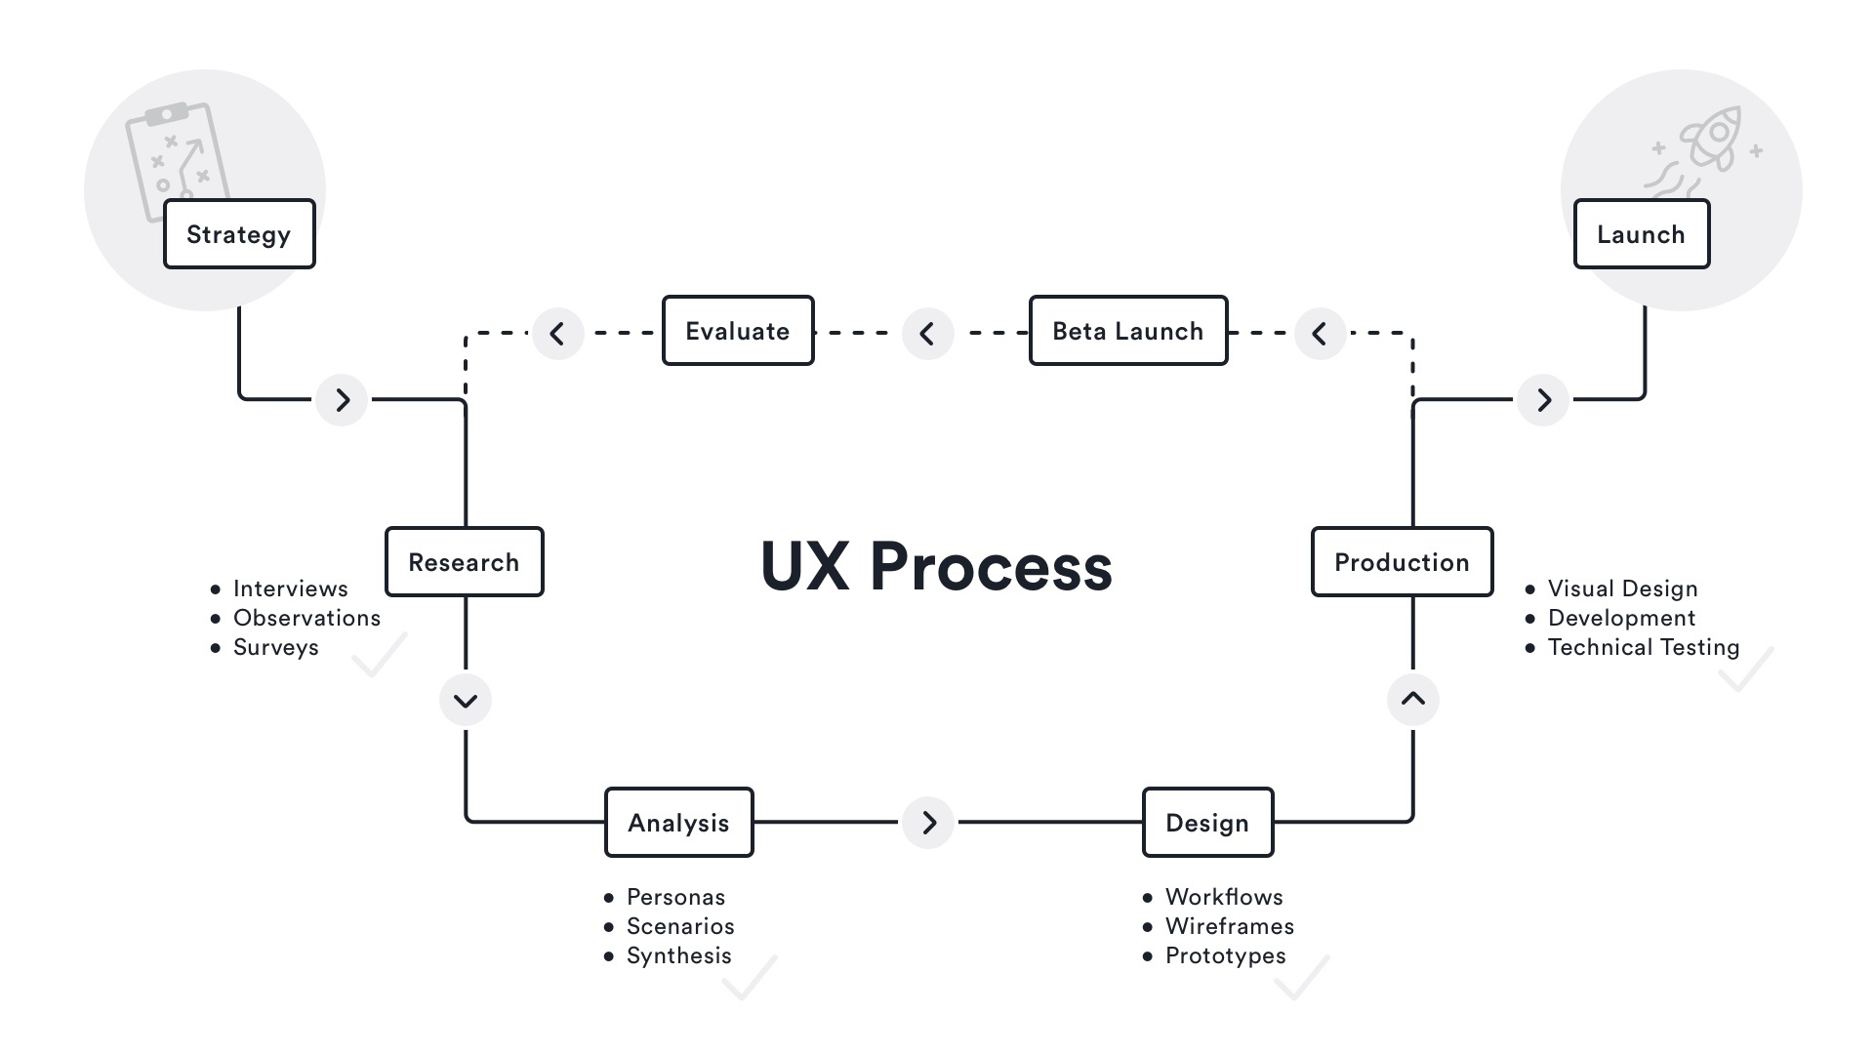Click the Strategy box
point(239,234)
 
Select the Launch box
point(1642,234)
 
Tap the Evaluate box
point(738,331)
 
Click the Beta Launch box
point(1128,331)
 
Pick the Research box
point(465,562)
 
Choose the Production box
point(1402,562)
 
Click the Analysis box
point(679,823)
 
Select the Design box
point(1207,823)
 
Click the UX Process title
point(936,566)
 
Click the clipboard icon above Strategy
point(176,156)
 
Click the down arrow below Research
point(466,700)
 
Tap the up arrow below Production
point(1413,699)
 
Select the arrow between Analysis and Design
point(928,823)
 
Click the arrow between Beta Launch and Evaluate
point(927,334)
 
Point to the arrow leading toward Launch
point(1543,400)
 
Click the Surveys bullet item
point(275,648)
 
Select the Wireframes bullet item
point(1229,926)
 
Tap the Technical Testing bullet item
point(1643,648)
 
